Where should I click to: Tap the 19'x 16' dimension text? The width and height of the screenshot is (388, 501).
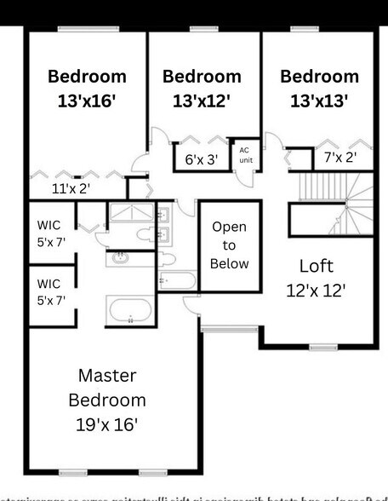pyautogui.click(x=106, y=423)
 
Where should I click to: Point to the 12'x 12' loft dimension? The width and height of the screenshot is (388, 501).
pyautogui.click(x=316, y=290)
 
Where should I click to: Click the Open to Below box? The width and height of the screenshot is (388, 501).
pyautogui.click(x=230, y=245)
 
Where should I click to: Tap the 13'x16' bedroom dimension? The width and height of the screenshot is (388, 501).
pyautogui.click(x=87, y=100)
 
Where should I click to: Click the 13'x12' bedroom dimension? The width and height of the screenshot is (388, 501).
pyautogui.click(x=202, y=100)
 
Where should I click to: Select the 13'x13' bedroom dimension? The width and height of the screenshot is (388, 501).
pyautogui.click(x=319, y=100)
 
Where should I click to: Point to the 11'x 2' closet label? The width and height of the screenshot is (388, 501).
pyautogui.click(x=71, y=188)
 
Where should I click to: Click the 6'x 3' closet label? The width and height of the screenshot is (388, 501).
pyautogui.click(x=202, y=158)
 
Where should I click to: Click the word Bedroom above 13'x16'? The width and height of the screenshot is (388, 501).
pyautogui.click(x=87, y=77)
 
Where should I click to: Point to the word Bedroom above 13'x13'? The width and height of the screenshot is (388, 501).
pyautogui.click(x=319, y=77)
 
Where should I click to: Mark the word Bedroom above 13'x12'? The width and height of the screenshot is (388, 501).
pyautogui.click(x=202, y=77)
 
